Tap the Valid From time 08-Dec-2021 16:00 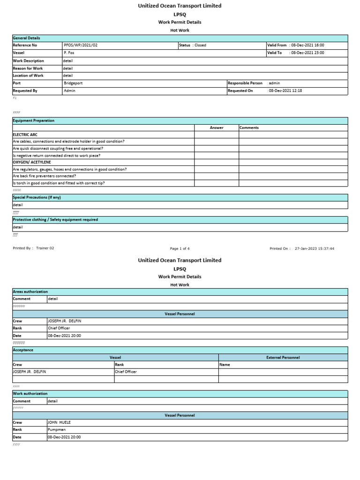point(307,45)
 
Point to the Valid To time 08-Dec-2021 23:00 point(307,53)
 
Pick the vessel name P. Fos point(69,53)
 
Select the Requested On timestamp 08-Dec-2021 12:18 point(285,90)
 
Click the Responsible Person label point(245,83)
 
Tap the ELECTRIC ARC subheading point(25,135)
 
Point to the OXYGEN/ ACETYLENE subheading point(32,162)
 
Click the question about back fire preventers point(45,176)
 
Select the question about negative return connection point(56,155)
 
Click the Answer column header point(217,127)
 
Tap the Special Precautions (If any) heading point(37,198)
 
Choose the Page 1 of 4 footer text point(180,248)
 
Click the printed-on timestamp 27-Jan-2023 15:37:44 point(314,248)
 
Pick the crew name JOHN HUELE point(59,422)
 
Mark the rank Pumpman point(56,429)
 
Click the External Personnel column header point(283,358)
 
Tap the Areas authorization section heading point(30,292)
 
